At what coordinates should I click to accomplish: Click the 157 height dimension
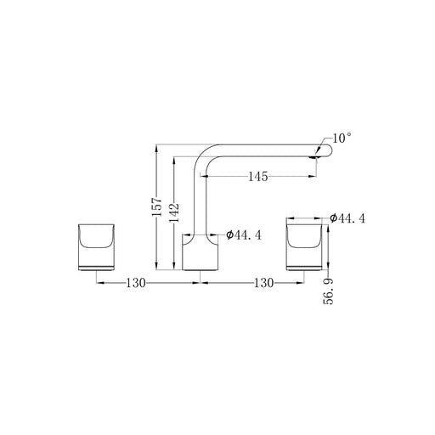pos(157,206)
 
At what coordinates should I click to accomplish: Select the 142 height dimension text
pos(174,212)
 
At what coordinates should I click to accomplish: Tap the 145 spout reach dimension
pos(258,177)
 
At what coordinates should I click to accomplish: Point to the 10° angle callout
pos(342,138)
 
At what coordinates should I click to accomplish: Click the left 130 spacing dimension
pos(136,283)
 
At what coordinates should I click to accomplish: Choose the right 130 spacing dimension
pos(263,283)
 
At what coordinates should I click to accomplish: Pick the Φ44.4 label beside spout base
pos(244,234)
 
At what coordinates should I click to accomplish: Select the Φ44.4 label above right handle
pos(347,218)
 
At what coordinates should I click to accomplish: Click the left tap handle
pos(96,247)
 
